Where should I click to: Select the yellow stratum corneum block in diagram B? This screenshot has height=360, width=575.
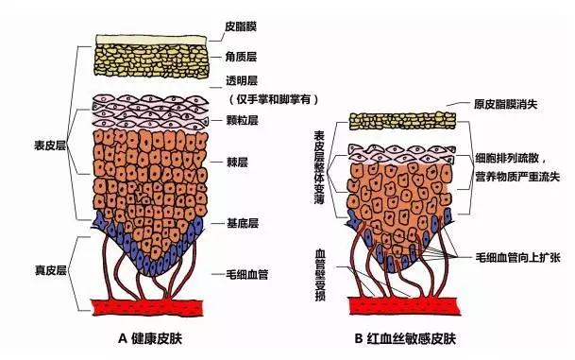point(397,120)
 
